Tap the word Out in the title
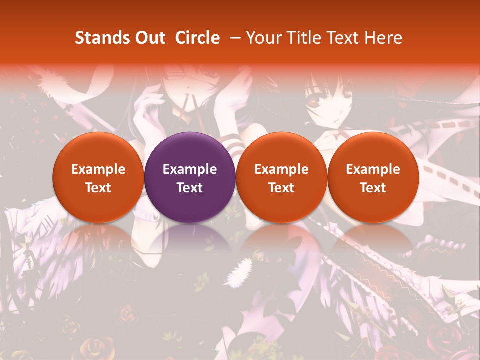[x=149, y=38]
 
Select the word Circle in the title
[x=197, y=38]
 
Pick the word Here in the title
[x=384, y=38]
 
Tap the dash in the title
[x=235, y=38]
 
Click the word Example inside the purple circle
[x=190, y=169]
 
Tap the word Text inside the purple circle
[x=190, y=188]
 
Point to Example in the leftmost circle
[x=98, y=169]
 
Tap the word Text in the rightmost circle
[x=373, y=188]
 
